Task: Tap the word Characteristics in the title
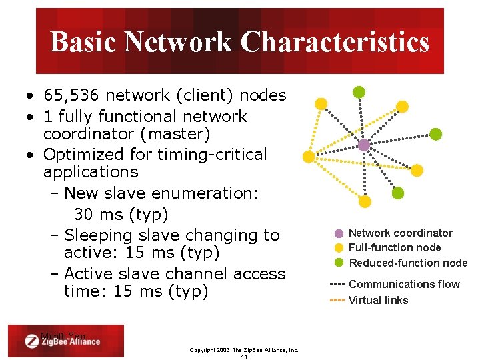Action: click(335, 42)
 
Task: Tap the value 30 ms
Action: click(100, 215)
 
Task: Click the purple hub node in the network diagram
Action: click(363, 145)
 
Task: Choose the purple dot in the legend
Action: click(339, 234)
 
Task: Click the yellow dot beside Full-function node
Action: click(339, 248)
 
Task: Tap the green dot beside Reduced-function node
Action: click(339, 263)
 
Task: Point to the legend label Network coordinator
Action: click(401, 233)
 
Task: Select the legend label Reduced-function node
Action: click(408, 263)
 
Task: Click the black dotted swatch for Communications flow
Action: click(337, 284)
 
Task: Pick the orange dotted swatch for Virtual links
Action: click(337, 300)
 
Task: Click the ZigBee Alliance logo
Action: click(63, 341)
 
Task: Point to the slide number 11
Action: click(244, 357)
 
